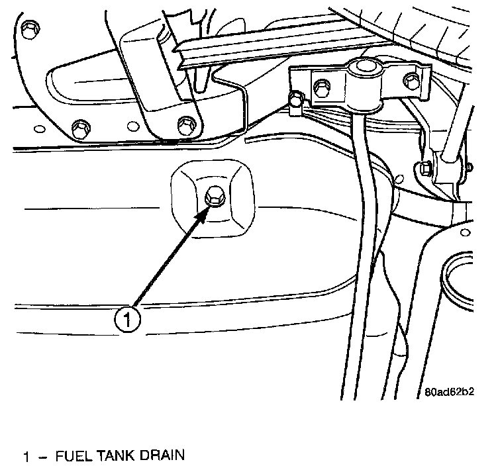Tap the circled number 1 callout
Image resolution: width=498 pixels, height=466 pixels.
pos(127,320)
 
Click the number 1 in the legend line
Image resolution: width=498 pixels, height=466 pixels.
pos(26,456)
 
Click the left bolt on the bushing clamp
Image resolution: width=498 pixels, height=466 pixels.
pos(321,85)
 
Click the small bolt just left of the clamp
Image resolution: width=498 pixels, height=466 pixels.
pos(295,100)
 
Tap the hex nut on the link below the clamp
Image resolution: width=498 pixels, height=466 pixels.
pos(424,169)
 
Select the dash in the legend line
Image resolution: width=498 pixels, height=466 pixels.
pos(42,457)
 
